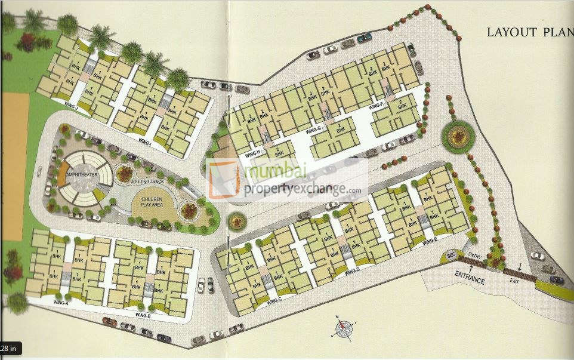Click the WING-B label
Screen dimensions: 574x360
pyautogui.click(x=142, y=315)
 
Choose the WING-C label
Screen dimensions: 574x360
pyautogui.click(x=274, y=302)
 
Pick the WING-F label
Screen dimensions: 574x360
pyautogui.click(x=377, y=106)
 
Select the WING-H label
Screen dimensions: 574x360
pyautogui.click(x=253, y=155)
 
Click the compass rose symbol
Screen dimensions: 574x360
pyautogui.click(x=343, y=328)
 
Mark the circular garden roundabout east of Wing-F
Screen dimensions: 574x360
pyautogui.click(x=458, y=136)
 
